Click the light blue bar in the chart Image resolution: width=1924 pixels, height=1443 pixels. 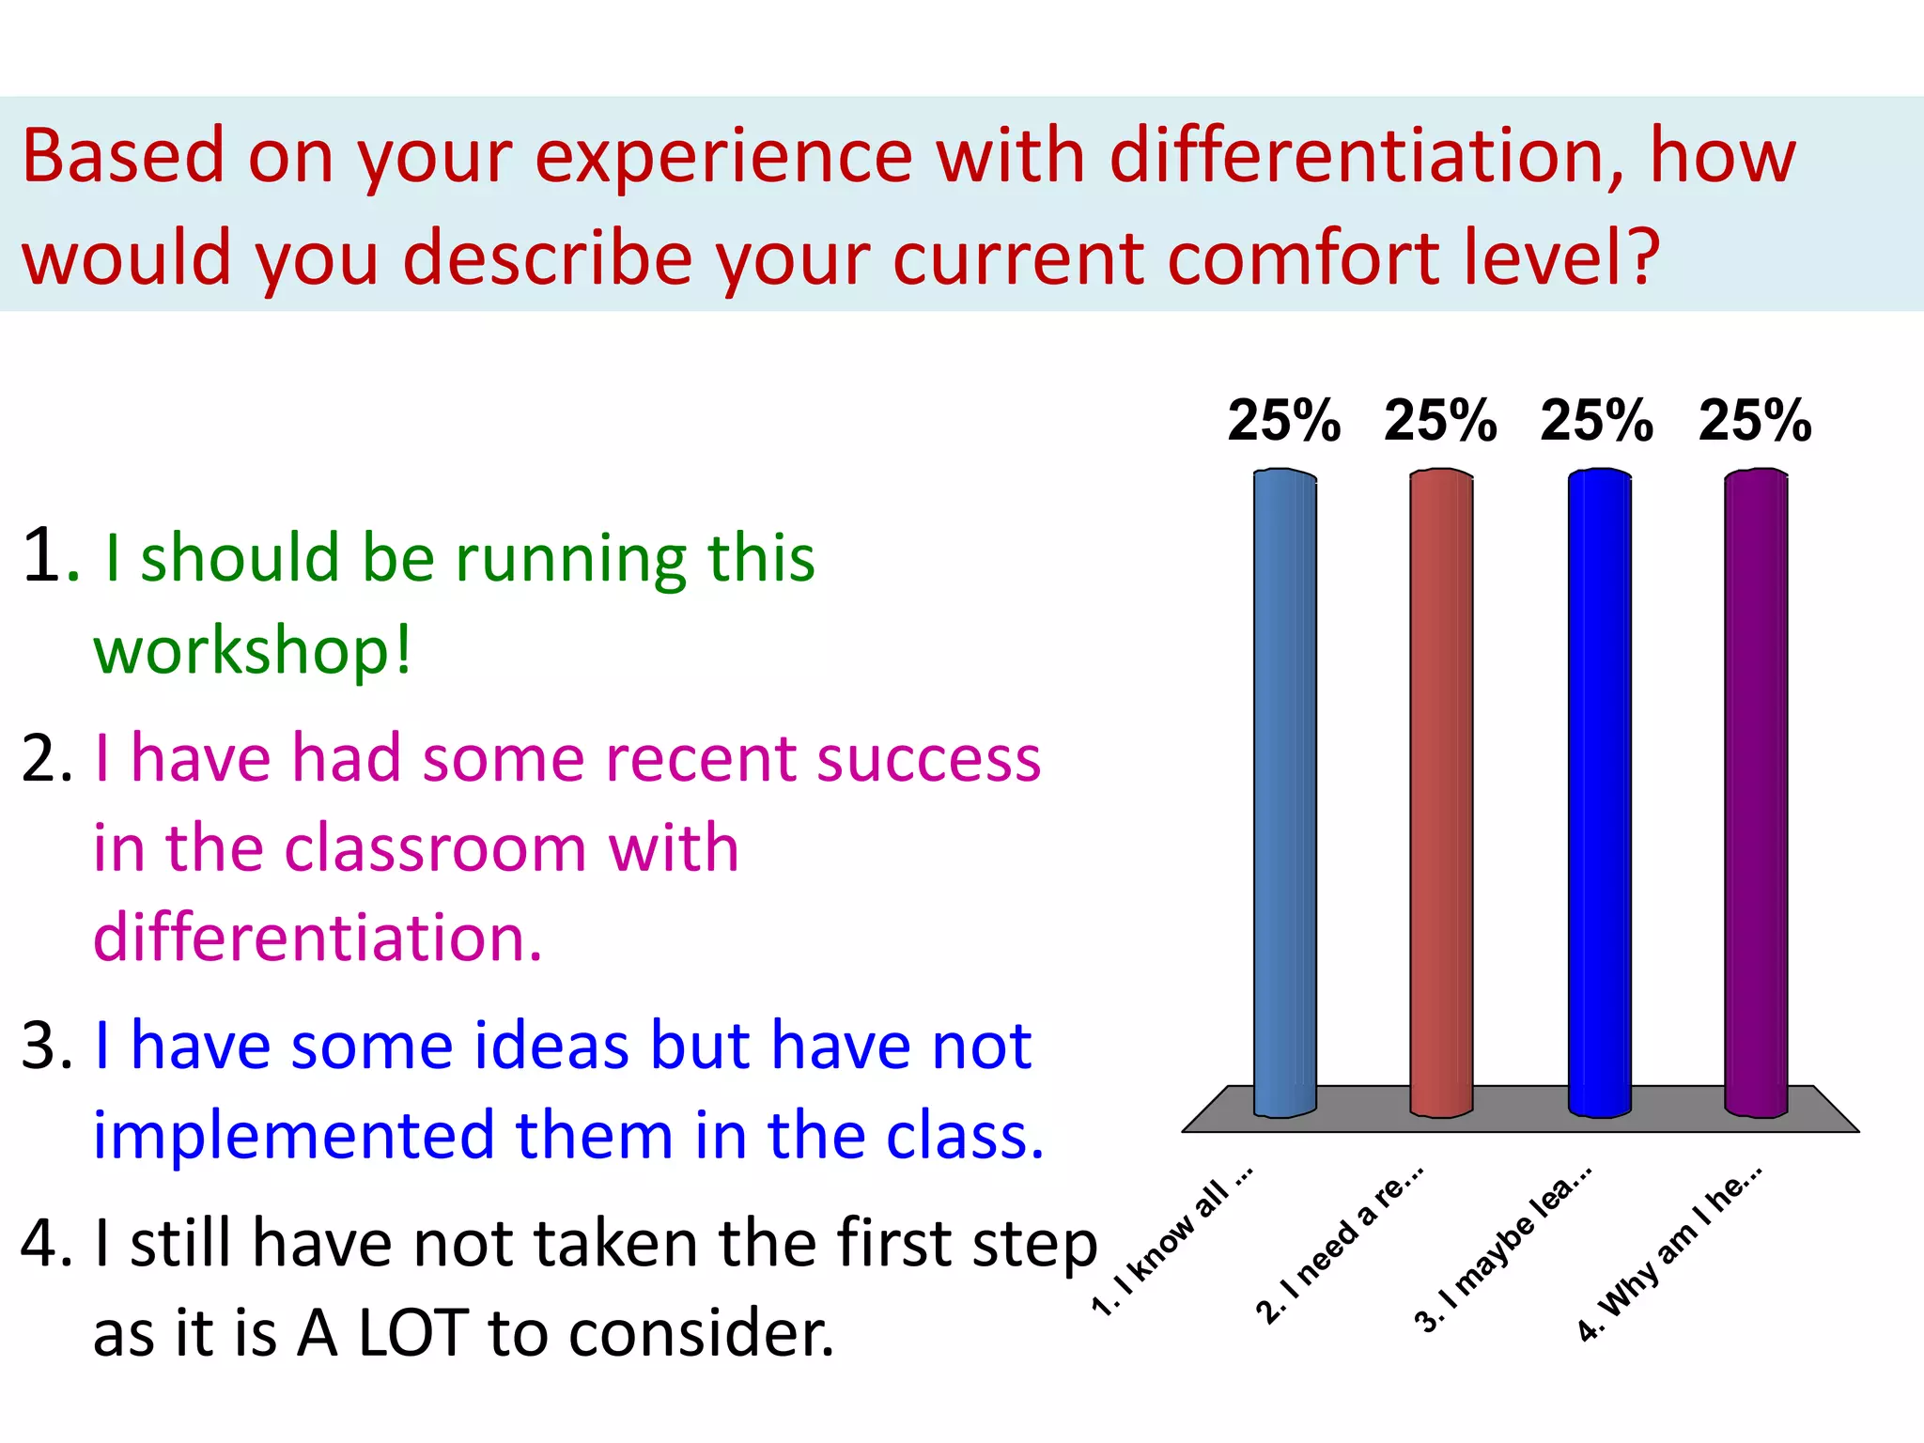pos(1284,794)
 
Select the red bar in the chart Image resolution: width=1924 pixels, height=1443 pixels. pos(1441,794)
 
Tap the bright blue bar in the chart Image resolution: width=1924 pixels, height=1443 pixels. pos(1599,794)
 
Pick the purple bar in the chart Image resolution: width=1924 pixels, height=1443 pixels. pos(1756,794)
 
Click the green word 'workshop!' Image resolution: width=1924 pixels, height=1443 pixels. pos(252,650)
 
